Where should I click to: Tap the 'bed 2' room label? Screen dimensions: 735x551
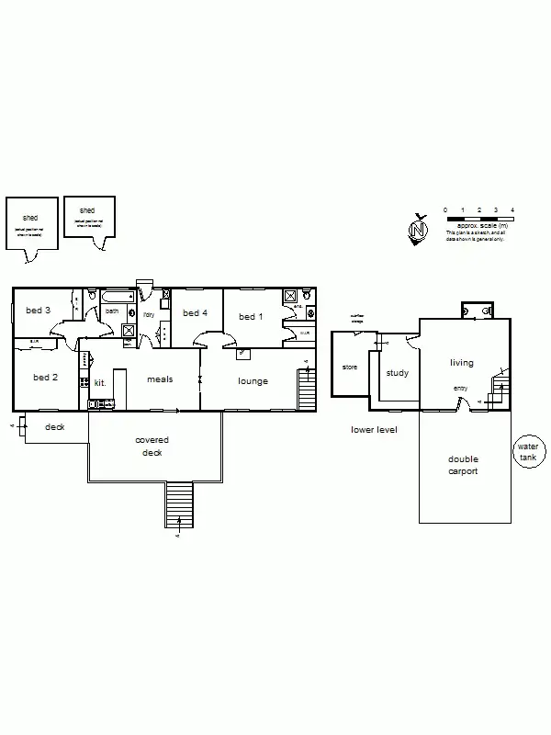pos(46,378)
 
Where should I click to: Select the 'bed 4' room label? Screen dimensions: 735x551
pos(196,313)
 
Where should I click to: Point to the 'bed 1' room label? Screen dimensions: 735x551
pos(251,317)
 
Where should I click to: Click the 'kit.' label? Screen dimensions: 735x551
pos(100,381)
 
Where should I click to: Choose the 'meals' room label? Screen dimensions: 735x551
pos(161,379)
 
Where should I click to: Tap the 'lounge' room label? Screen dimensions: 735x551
pos(253,380)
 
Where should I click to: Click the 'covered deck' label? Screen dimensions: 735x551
pos(152,447)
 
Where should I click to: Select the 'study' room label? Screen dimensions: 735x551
pos(398,373)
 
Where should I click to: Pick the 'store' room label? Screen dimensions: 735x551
pos(349,367)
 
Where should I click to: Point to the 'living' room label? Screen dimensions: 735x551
pos(461,363)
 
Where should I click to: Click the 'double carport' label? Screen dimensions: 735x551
pos(464,466)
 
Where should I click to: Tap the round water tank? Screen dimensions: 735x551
pos(529,451)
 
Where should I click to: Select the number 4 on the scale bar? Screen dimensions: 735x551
pos(512,210)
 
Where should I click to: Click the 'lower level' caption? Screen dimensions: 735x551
pos(374,429)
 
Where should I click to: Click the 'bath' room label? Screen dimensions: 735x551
pos(112,311)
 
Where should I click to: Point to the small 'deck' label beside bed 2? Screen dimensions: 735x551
pos(55,427)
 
